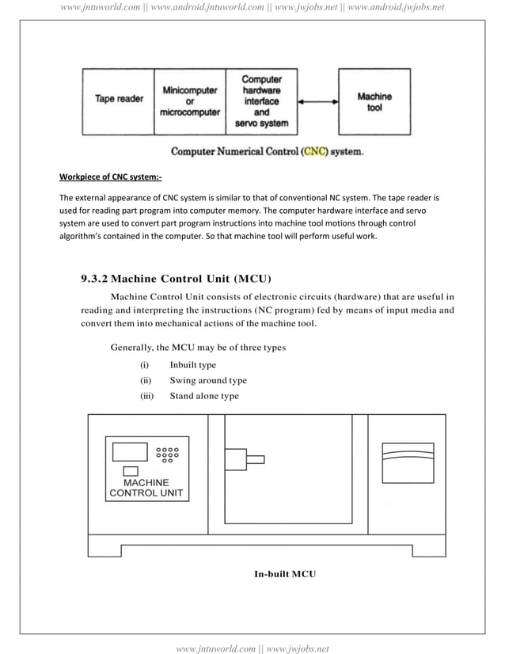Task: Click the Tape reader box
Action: [119, 100]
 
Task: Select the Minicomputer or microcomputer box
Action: [189, 101]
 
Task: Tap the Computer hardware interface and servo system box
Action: [261, 101]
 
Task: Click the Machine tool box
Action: [374, 101]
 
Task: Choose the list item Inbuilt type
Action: [192, 365]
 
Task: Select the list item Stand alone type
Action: [203, 396]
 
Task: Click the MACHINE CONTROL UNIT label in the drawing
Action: [146, 488]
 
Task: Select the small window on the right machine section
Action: [408, 462]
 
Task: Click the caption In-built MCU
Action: [284, 572]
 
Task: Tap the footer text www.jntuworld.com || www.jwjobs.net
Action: [252, 648]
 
